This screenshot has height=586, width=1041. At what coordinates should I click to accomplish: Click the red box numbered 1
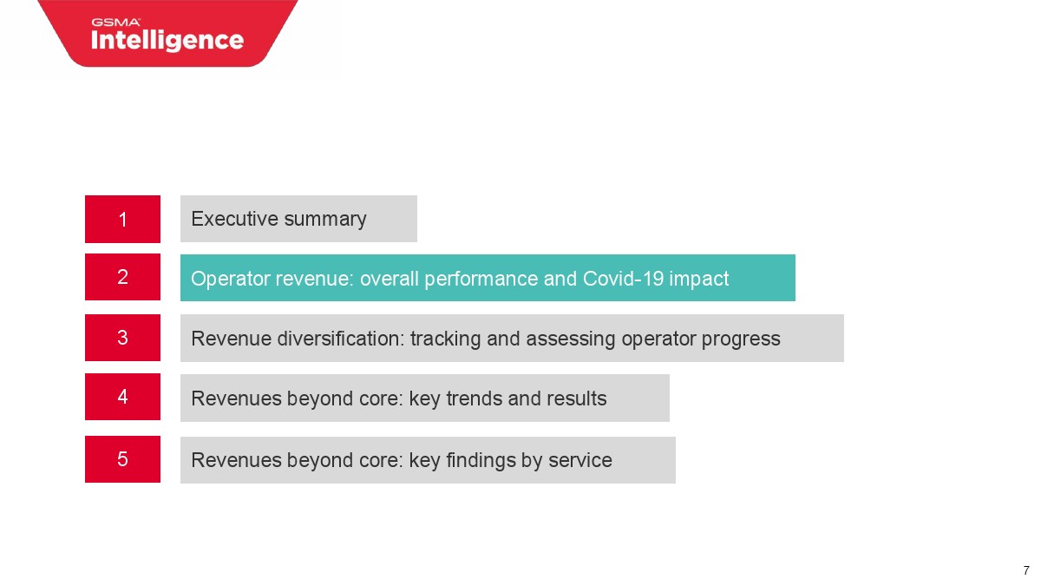[122, 219]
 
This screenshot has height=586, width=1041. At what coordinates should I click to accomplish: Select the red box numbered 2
[122, 277]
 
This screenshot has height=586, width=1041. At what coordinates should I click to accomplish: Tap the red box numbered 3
[122, 338]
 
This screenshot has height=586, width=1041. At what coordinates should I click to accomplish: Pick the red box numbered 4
[122, 397]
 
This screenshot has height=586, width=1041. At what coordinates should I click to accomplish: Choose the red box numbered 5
[122, 459]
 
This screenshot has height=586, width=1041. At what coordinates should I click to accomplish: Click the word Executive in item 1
[235, 219]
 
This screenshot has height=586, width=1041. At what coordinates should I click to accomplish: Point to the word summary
[325, 220]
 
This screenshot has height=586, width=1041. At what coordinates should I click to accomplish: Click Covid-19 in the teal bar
[623, 279]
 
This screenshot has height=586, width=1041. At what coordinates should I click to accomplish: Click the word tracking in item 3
[445, 339]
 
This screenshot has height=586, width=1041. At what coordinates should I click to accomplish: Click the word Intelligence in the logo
[167, 41]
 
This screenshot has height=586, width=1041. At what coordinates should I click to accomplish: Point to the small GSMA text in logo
[115, 22]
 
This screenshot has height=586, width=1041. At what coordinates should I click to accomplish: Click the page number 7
[1026, 570]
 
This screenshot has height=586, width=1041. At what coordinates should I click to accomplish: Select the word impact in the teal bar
[698, 280]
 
